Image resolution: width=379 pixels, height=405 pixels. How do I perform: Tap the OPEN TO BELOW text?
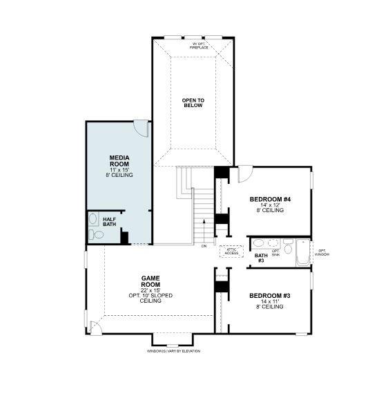click(x=193, y=104)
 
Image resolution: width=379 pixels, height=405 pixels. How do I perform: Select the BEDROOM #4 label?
click(x=270, y=200)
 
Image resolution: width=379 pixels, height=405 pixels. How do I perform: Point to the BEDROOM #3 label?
click(x=270, y=296)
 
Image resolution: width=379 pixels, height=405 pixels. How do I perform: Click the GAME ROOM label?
click(x=150, y=281)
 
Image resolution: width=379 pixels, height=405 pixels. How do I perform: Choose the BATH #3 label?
click(x=261, y=258)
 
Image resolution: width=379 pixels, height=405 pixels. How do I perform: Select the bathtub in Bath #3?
click(x=302, y=253)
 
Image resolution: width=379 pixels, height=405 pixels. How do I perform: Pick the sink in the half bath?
click(x=93, y=220)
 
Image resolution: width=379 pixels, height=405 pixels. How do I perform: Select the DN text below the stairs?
click(x=204, y=246)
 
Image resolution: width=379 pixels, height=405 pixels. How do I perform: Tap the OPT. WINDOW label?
click(x=322, y=252)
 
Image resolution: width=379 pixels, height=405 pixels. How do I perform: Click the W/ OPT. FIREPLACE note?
click(x=200, y=46)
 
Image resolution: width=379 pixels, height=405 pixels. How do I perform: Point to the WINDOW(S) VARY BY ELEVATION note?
click(x=173, y=351)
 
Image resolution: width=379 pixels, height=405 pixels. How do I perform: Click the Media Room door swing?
click(x=140, y=128)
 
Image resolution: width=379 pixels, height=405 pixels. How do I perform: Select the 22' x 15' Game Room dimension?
click(x=150, y=290)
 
